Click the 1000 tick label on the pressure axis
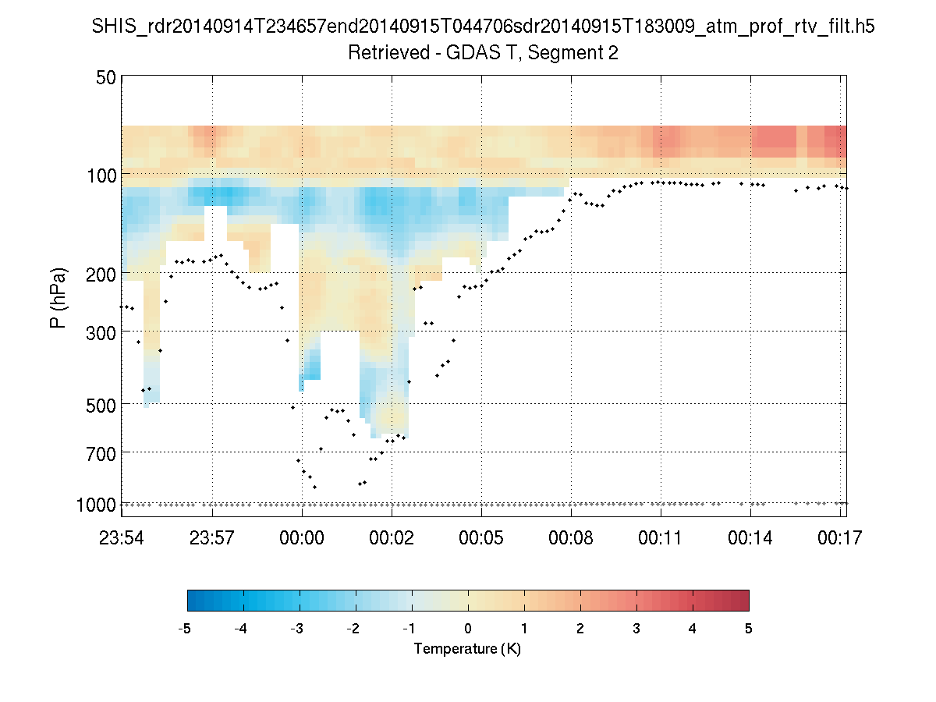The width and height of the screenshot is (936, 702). tap(96, 505)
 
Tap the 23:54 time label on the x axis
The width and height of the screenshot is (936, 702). tap(122, 537)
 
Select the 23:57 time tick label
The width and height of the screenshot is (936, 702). tap(212, 537)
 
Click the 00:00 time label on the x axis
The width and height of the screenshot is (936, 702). tap(302, 537)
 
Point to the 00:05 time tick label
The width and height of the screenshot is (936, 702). tap(481, 537)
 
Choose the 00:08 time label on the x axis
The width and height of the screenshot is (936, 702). tap(571, 537)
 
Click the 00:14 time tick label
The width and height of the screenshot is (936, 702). tap(750, 537)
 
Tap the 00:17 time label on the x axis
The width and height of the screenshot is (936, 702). tap(840, 537)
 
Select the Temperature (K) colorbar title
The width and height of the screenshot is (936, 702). tap(467, 648)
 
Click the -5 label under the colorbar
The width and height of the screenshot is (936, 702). tap(185, 629)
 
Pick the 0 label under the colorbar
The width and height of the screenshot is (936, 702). tap(468, 629)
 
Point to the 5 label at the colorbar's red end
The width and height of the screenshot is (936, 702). tap(749, 629)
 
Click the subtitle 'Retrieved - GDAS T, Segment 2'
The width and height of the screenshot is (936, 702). tap(484, 53)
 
